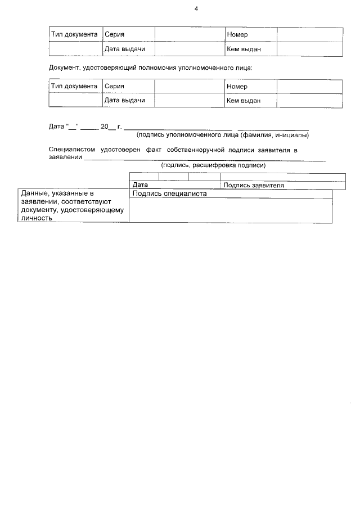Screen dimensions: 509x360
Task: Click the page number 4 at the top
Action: point(196,9)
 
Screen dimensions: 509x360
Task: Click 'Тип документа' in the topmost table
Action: point(74,35)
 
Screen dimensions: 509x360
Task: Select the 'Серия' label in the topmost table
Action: point(114,35)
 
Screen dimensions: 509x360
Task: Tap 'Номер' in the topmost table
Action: point(237,35)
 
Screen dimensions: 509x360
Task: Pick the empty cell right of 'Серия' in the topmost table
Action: point(190,35)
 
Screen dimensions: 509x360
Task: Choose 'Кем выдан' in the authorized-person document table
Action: point(243,101)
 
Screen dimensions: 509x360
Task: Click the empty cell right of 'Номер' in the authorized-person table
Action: point(309,86)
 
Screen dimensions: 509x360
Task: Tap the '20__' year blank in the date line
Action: point(107,127)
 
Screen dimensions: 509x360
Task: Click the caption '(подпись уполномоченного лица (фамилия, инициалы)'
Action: point(223,135)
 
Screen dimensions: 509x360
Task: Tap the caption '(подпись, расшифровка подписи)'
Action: point(213,165)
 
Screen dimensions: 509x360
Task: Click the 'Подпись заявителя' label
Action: point(253,185)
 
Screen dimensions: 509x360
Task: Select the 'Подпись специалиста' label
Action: point(169,193)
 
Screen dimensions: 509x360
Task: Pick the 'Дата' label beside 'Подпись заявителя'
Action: point(140,185)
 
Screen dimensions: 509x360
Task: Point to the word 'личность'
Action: point(37,218)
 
